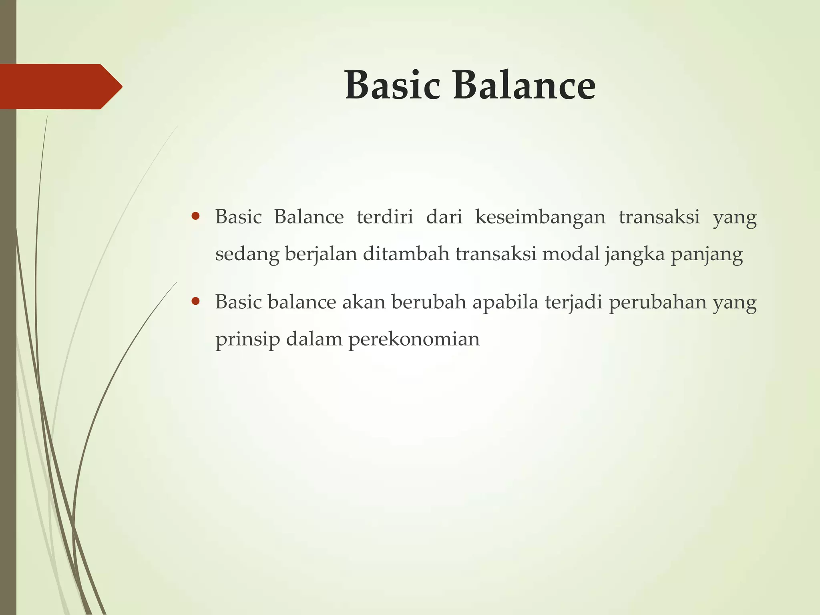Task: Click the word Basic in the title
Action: [392, 85]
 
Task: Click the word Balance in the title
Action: [524, 85]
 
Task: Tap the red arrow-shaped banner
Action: [60, 86]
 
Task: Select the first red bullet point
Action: [195, 217]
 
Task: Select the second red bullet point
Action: [195, 301]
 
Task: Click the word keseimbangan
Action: [541, 217]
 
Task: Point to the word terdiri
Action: [385, 217]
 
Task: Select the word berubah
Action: [429, 302]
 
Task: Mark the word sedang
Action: [247, 255]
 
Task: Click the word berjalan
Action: [321, 255]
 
